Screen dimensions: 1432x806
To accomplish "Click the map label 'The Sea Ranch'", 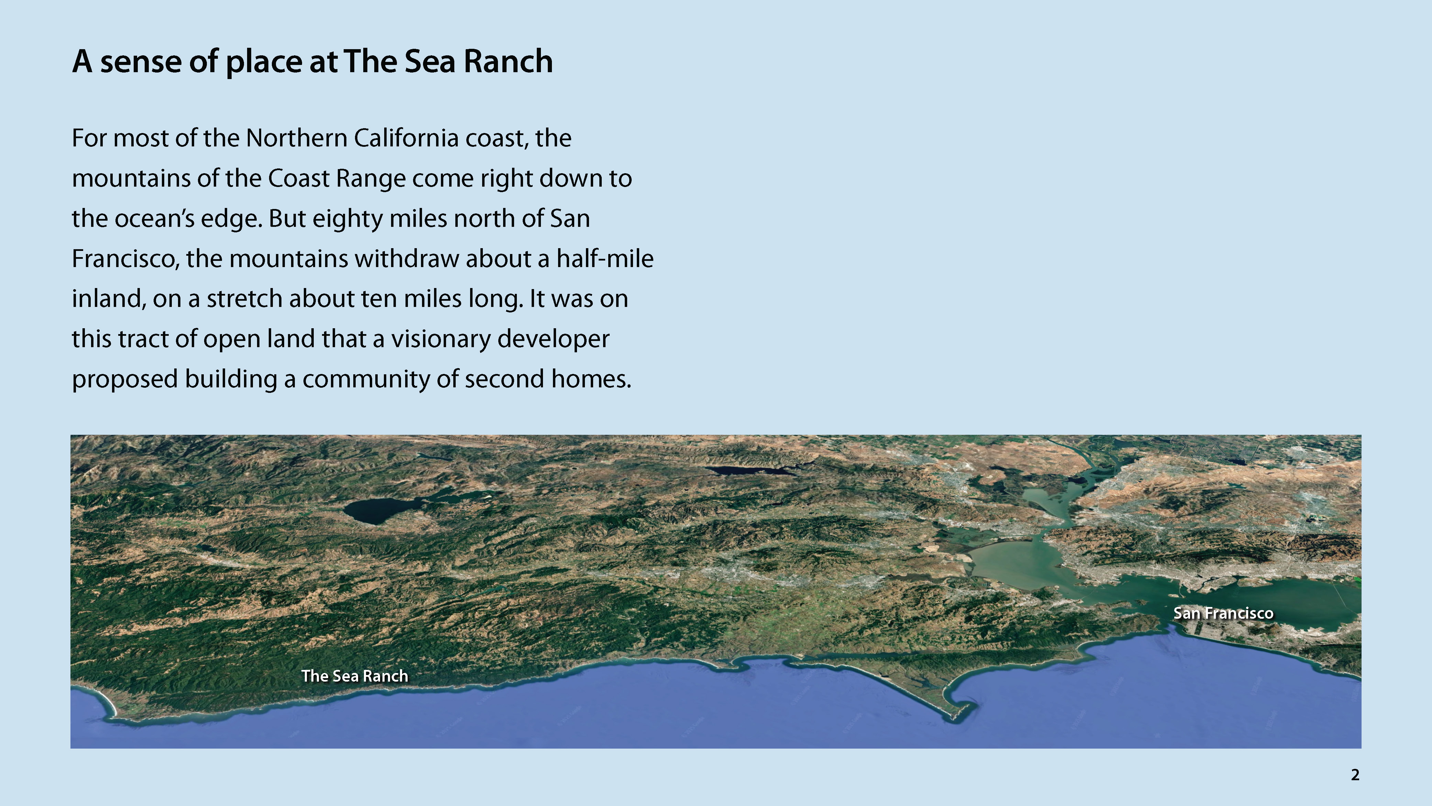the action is [355, 676].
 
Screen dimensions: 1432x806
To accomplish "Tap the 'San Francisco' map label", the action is [1223, 613].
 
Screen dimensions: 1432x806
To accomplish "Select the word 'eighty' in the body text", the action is [347, 219].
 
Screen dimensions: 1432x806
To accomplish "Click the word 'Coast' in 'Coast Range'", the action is [299, 178].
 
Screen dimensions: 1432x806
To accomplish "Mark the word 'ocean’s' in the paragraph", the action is [155, 219].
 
